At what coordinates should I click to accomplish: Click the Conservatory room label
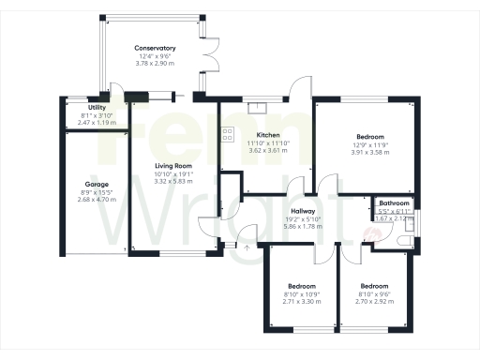coord(156,48)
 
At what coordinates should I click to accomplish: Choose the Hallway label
coord(302,212)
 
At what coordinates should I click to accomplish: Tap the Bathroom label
coord(394,203)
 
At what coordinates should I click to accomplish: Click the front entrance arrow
coord(247,247)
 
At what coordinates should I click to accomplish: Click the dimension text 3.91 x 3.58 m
coord(367,151)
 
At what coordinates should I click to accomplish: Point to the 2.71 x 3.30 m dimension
coord(301,301)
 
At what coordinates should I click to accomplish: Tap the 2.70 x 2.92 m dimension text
coord(374,301)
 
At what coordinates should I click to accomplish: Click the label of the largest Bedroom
coord(367,135)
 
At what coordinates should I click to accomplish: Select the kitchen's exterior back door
coord(298,89)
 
